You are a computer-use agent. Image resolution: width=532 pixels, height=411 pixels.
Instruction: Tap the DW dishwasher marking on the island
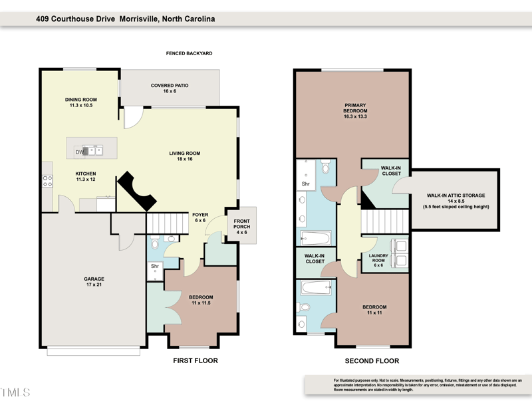pyautogui.click(x=79, y=152)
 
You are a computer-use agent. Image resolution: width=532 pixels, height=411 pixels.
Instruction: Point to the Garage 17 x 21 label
pyautogui.click(x=94, y=282)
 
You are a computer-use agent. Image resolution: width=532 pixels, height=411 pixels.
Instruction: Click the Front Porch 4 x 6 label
pyautogui.click(x=241, y=228)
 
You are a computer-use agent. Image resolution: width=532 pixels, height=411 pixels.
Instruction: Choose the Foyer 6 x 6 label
pyautogui.click(x=200, y=217)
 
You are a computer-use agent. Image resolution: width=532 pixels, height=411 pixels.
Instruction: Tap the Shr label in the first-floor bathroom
pyautogui.click(x=154, y=266)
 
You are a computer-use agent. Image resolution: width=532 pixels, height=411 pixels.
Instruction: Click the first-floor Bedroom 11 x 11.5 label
pyautogui.click(x=200, y=300)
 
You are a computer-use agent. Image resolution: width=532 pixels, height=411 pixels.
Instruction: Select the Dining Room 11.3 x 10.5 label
pyautogui.click(x=81, y=102)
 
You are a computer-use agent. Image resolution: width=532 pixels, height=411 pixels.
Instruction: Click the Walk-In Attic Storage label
pyautogui.click(x=456, y=201)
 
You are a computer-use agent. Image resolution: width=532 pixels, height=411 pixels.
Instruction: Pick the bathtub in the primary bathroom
pyautogui.click(x=315, y=237)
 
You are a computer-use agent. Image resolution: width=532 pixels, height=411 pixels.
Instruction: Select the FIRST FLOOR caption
pyautogui.click(x=196, y=361)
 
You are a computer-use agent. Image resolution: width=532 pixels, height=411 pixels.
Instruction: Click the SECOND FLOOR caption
pyautogui.click(x=372, y=361)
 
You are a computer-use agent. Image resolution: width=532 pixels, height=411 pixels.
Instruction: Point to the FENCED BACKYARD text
pyautogui.click(x=189, y=53)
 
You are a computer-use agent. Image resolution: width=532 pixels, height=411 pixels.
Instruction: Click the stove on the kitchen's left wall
pyautogui.click(x=47, y=180)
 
